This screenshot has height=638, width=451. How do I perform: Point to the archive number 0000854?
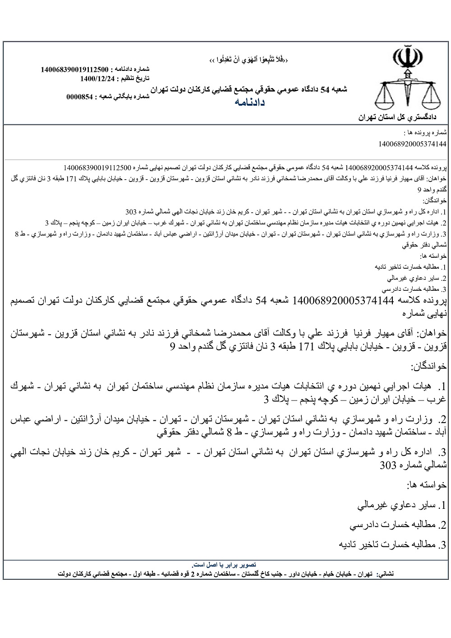[80, 97]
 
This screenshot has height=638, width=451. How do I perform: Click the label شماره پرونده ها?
[425, 133]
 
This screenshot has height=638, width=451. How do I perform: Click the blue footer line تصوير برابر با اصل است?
[225, 564]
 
